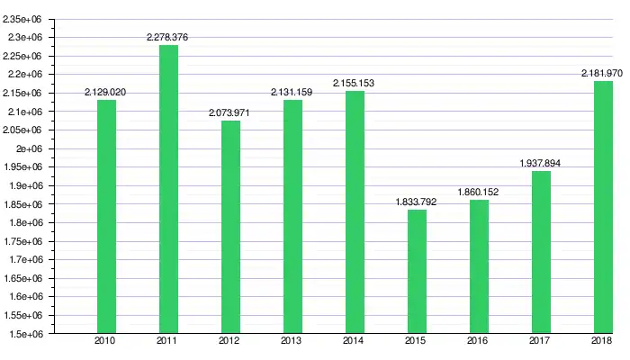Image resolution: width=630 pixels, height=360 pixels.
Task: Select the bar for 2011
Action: point(168,189)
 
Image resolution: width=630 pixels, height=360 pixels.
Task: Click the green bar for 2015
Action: point(417,272)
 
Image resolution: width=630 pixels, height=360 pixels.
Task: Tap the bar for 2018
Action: point(603,207)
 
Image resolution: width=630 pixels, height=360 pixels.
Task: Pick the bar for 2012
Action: point(230,227)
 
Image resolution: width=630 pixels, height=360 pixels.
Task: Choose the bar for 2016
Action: point(479,266)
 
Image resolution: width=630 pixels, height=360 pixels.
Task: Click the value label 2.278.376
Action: point(167,37)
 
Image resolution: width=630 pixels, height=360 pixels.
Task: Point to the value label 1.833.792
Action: point(416,202)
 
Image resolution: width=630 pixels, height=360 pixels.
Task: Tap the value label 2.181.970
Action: point(603,73)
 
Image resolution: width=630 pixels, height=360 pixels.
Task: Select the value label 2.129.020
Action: point(105,92)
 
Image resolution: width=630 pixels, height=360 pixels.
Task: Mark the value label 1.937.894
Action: point(541,163)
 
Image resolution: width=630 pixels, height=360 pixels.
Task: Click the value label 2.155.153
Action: point(354,83)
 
